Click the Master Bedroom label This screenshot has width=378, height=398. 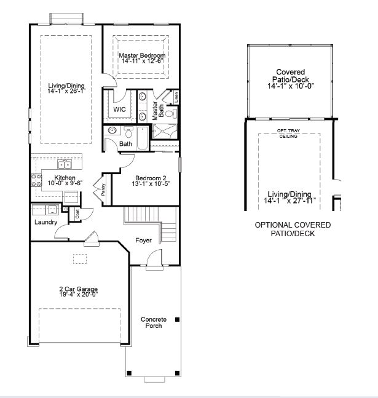[x=142, y=55]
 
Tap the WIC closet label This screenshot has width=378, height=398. [x=119, y=109]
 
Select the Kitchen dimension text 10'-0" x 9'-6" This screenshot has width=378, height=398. [x=65, y=183]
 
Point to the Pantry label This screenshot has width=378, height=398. [x=103, y=189]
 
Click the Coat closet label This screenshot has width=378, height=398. [x=77, y=214]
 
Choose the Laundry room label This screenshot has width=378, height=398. [x=45, y=222]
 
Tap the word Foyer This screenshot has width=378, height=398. [x=143, y=241]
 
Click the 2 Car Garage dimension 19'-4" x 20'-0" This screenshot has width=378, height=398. [x=79, y=295]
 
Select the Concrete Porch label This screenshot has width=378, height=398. [x=154, y=322]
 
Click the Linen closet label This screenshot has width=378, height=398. [x=176, y=97]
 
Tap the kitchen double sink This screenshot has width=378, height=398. [x=65, y=164]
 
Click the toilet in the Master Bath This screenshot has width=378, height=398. [x=171, y=113]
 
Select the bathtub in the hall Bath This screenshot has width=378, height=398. [x=143, y=138]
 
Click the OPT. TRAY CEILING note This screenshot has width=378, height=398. [x=288, y=133]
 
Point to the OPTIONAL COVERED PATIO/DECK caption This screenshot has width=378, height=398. [x=293, y=229]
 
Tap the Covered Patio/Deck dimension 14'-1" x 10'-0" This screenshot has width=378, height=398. [x=291, y=86]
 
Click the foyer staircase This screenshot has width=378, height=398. [x=150, y=223]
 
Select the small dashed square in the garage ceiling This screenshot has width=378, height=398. [x=80, y=259]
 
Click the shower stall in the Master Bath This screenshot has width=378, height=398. [x=165, y=132]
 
